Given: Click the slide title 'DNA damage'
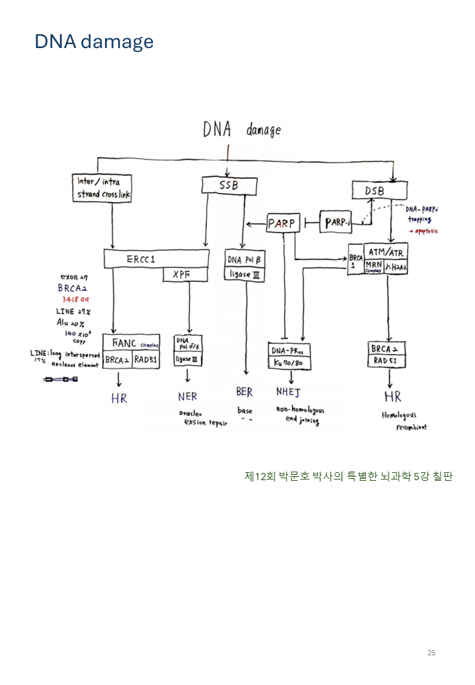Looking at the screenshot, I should pos(94,42).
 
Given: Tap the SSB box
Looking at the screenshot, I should pos(228,186).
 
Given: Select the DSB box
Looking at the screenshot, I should pos(374,191).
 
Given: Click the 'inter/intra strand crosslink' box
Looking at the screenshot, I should pos(103,188).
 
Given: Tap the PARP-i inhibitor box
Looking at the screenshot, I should pos(337,223).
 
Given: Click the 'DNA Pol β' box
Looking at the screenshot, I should pos(245,260).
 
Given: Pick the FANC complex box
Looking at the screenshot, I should pos(131,343).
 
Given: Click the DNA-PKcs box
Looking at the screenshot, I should pos(290,350).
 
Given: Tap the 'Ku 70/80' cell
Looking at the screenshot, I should pos(290,364).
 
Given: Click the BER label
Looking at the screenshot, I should pos(244,393).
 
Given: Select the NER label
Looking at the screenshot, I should pos(187,397).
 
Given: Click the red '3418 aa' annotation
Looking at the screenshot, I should pos(76,299).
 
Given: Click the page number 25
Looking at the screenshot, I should pos(431,653).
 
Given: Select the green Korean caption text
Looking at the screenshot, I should pos(348,476).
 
